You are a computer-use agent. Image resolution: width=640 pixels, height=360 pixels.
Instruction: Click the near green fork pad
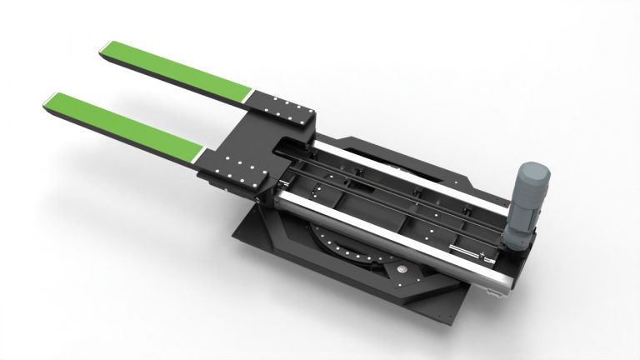125,124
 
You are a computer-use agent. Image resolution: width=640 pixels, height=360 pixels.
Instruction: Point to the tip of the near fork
47,100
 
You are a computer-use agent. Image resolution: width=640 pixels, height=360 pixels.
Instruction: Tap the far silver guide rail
417,170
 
